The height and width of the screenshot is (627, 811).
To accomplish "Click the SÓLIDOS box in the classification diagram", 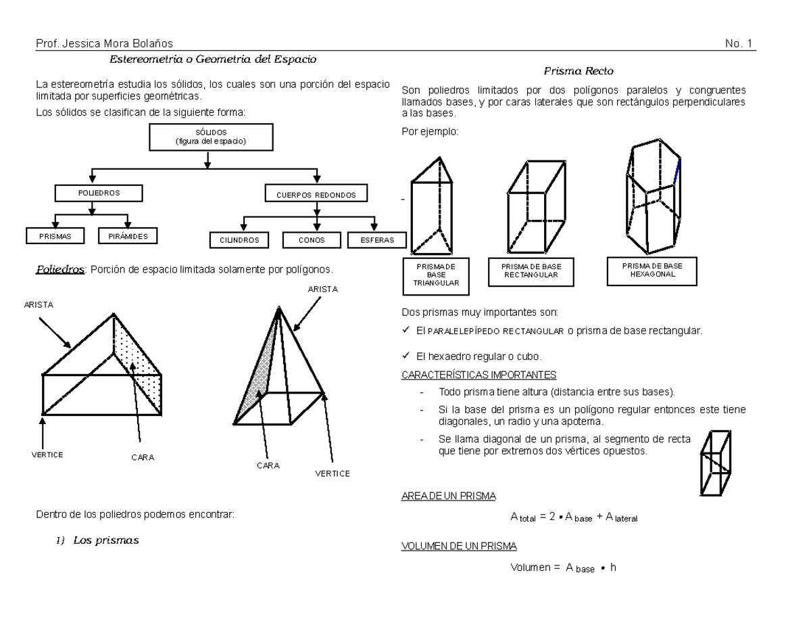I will click(210, 137).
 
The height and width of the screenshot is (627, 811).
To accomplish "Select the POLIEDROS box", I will click(99, 193).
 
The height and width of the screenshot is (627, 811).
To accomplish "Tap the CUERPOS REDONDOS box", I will click(316, 195).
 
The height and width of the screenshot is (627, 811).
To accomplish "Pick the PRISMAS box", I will click(55, 236).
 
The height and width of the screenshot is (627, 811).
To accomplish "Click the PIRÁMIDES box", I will click(128, 236).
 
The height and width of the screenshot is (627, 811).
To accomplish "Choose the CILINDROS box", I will click(239, 239).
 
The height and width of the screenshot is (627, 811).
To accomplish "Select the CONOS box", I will click(312, 239).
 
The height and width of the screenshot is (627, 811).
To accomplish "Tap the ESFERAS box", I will click(377, 239).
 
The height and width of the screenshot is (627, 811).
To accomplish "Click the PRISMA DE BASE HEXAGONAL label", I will click(652, 271).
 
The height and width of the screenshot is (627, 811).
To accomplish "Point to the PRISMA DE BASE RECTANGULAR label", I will click(531, 272).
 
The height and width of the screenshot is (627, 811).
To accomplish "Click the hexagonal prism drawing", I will click(652, 196).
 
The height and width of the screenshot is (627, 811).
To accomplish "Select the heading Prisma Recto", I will click(579, 71).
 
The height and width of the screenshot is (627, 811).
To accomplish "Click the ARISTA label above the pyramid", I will click(322, 289).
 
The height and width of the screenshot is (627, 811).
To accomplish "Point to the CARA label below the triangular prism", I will click(143, 457).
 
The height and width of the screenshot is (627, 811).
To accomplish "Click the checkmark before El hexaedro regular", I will click(405, 356).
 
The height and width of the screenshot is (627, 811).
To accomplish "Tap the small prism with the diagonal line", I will click(716, 463).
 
